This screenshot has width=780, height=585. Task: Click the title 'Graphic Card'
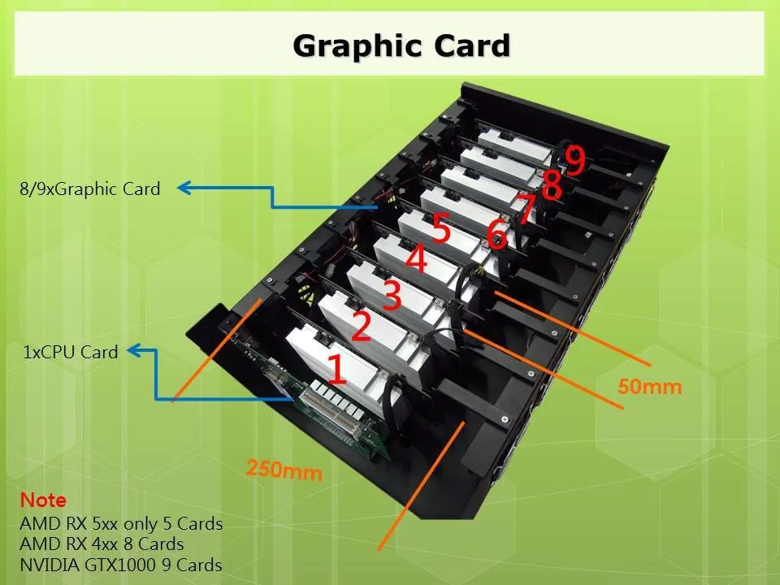click(401, 45)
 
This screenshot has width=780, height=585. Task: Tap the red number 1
click(336, 368)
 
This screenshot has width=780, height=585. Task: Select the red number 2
click(361, 327)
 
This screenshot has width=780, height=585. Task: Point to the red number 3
click(392, 296)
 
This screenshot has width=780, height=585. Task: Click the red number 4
click(415, 261)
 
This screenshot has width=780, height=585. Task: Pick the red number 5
click(440, 229)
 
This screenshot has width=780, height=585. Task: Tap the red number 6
click(496, 236)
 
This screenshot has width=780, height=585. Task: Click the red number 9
click(574, 161)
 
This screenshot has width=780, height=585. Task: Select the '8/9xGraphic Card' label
click(90, 189)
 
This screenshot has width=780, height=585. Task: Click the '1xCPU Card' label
click(71, 353)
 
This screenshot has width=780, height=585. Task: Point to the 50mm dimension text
click(649, 387)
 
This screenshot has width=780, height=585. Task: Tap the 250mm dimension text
click(284, 469)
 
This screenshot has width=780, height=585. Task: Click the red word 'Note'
click(43, 500)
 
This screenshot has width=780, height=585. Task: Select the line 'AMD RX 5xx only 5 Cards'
click(121, 523)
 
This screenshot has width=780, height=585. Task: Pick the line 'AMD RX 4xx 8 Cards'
click(102, 544)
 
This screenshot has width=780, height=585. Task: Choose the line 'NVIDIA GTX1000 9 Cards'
click(120, 565)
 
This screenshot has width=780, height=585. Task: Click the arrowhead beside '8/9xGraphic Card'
click(184, 188)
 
